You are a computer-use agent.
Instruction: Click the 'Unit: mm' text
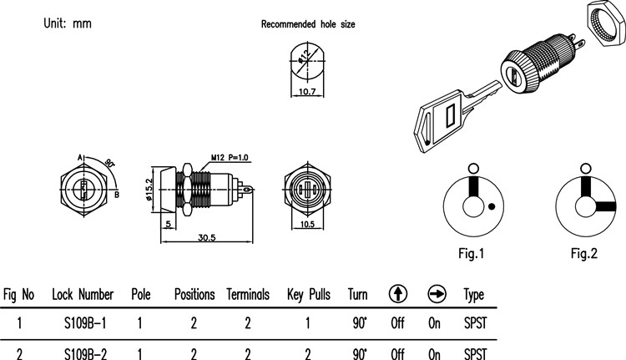coord(68,23)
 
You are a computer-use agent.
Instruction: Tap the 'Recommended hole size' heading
coord(308,25)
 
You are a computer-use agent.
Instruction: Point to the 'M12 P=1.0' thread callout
coord(230,157)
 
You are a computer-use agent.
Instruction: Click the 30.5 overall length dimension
coord(205,238)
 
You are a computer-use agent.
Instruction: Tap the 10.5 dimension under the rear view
coord(305,225)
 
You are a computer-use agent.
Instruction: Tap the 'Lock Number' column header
coord(83,295)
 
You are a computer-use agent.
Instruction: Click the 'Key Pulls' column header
coord(308,295)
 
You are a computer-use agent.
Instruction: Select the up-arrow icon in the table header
coord(398,294)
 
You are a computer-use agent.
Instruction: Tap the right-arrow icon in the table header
coord(436,294)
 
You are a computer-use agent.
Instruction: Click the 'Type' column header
coord(473,295)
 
